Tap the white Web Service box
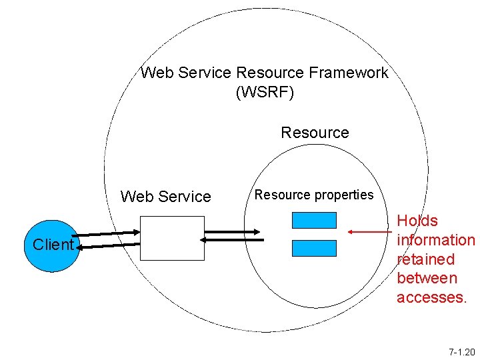(x=173, y=238)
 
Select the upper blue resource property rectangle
(x=314, y=221)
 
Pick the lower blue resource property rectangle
(x=314, y=248)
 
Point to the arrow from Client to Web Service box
(x=110, y=234)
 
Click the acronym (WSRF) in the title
(x=264, y=92)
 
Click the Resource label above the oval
(x=315, y=133)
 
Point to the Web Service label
(x=165, y=197)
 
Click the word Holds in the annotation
(x=417, y=221)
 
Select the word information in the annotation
(x=435, y=240)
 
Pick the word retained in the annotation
(x=425, y=259)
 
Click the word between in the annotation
(x=427, y=278)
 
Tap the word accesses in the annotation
(x=430, y=297)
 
